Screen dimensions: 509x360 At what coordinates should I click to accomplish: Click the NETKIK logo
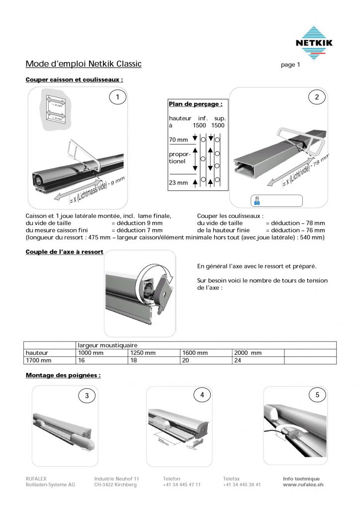coord(313,43)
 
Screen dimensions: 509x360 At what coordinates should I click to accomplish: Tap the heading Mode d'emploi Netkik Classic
coord(84,64)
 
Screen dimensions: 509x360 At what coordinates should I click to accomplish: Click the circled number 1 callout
coord(117,97)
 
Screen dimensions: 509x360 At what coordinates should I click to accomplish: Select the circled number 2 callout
coord(317,97)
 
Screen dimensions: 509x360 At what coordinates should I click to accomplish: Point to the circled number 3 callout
coord(87,396)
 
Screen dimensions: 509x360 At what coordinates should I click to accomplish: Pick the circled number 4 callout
coord(202,395)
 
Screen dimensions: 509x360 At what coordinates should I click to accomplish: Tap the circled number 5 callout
coord(317,395)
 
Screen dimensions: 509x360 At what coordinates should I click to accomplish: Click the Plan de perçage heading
coord(195,104)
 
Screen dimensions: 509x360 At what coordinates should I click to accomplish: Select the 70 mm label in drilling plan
coord(179,140)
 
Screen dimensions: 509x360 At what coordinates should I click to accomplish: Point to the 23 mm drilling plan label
coord(179,182)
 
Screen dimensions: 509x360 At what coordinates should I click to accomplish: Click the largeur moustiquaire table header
coord(107,345)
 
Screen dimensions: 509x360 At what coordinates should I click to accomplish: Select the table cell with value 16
coord(82,360)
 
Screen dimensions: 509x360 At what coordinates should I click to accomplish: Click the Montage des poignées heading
coord(63,375)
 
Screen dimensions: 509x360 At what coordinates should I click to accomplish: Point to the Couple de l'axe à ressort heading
coord(65,252)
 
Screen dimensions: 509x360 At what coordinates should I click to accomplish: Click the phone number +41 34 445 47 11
coord(181,485)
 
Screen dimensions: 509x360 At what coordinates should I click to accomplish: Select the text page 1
coord(291,65)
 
